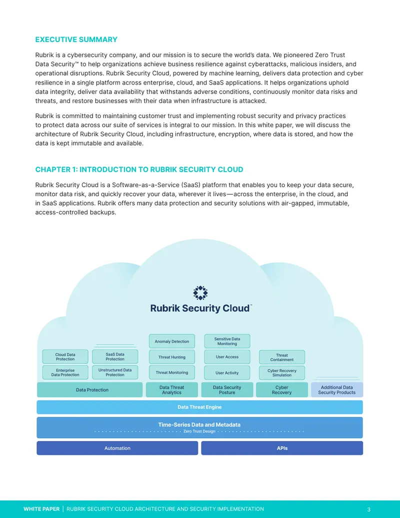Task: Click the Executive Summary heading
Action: coord(76,40)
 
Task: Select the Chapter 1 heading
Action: coord(139,170)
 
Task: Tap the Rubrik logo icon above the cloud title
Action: coord(200,293)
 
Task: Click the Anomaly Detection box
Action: coord(172,341)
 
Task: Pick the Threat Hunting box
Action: coord(172,357)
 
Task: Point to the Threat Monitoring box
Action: coord(172,372)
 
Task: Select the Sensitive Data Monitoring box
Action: coord(227,341)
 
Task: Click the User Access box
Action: coord(227,357)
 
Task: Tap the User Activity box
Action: coord(227,373)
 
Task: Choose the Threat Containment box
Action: coord(282,357)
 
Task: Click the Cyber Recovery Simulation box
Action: coord(282,373)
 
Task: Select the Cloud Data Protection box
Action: coord(65,357)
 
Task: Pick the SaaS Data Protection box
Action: coord(115,357)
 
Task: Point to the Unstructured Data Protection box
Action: coord(115,372)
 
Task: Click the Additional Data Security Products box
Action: coord(337,390)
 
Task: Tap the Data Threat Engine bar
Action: coord(199,407)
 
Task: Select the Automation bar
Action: coord(117,448)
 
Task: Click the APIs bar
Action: coord(282,448)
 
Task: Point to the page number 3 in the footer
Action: coord(369,509)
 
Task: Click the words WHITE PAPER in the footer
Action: coord(41,509)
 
